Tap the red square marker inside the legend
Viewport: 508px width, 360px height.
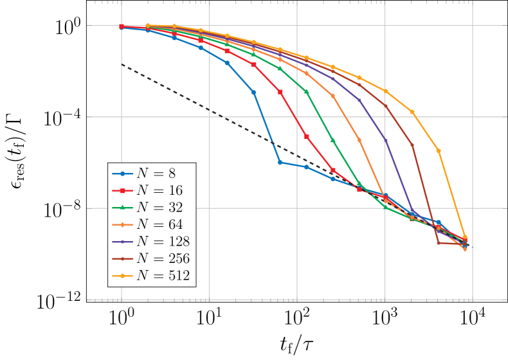122,190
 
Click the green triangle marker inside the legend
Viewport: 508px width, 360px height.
122,208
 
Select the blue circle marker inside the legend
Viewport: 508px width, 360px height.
122,173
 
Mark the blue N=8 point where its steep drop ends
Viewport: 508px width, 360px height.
280,163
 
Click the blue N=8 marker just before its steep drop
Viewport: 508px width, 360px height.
254,93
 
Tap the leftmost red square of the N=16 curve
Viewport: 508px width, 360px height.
122,26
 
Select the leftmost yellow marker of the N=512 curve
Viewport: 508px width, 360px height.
148,26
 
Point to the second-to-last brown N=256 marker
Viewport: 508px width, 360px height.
438,243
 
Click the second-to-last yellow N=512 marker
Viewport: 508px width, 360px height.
439,150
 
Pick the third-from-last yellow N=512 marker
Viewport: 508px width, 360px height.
412,112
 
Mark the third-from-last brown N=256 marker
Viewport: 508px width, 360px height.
412,145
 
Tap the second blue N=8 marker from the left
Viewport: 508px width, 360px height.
148,30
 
